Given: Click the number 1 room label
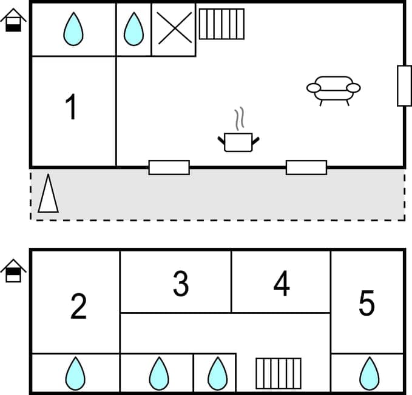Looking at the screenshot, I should (x=72, y=107).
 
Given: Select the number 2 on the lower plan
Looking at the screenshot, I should (x=78, y=307).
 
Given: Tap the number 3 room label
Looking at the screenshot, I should (x=180, y=284).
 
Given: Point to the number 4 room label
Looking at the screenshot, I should (x=281, y=284).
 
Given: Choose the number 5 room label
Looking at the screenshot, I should (x=366, y=304).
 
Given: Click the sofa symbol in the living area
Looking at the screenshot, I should (x=333, y=90).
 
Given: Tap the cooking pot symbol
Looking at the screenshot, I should (x=238, y=142).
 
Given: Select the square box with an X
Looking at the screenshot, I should (x=174, y=29).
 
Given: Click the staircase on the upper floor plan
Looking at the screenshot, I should (x=221, y=24).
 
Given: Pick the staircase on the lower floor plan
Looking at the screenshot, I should (x=278, y=373).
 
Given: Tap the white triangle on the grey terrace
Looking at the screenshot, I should (x=48, y=194).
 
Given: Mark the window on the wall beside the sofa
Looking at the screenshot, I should (x=404, y=85).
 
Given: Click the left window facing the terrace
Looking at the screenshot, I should (x=169, y=167).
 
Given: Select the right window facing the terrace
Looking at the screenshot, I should (x=306, y=167).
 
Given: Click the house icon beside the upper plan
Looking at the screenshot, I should (x=13, y=21).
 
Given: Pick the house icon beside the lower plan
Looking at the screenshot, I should (x=13, y=271).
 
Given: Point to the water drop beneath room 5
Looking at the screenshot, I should (x=368, y=373).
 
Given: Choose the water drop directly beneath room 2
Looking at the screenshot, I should (x=75, y=373).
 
